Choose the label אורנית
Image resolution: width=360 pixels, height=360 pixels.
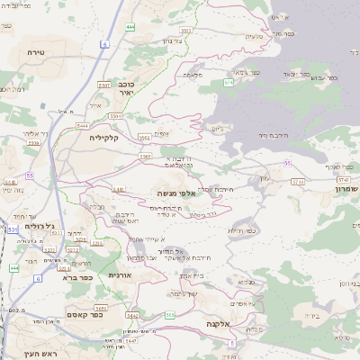(x=120, y=274)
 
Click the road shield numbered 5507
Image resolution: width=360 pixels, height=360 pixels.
(x=103, y=84)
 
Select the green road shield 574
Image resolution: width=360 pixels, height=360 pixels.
(x=229, y=82)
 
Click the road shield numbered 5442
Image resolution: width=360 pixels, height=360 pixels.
(x=131, y=316)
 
